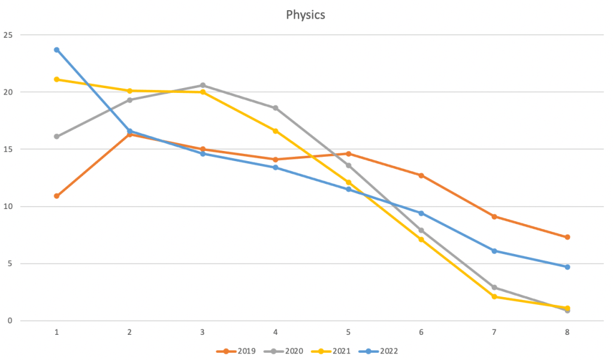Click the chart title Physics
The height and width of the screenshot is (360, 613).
point(306,15)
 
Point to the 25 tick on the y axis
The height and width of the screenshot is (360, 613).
point(8,35)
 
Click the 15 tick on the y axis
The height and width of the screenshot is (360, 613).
point(8,149)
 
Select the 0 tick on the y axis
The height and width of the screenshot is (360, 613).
point(10,320)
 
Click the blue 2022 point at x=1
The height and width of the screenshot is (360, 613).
point(56,50)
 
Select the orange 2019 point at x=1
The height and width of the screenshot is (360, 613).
point(56,196)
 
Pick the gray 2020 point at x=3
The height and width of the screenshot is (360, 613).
point(203,85)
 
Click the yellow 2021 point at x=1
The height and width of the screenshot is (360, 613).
point(56,79)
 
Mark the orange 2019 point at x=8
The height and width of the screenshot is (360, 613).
point(567,237)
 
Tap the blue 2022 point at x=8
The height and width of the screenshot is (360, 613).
point(567,267)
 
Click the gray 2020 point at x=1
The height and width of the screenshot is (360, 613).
point(56,137)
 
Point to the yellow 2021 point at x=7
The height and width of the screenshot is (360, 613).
point(494,297)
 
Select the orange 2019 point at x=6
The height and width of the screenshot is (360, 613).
point(421,176)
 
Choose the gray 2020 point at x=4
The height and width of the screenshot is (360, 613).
point(275,108)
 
